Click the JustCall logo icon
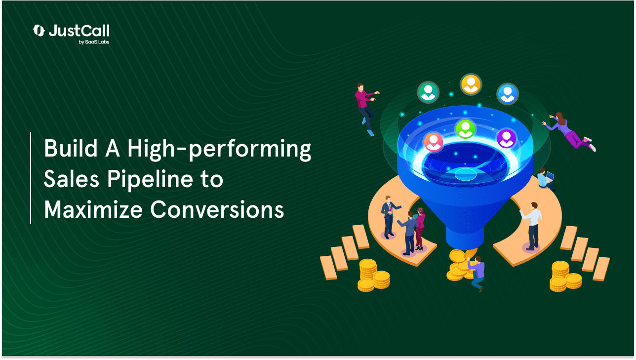39,31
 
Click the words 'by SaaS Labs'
94,42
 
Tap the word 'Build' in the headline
71,149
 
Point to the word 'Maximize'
93,209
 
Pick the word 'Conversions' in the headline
217,209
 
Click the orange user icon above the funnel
471,84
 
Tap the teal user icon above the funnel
428,92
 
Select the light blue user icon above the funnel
508,94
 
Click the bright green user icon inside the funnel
465,129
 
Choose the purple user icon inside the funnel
506,138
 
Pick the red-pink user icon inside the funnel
433,142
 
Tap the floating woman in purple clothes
569,131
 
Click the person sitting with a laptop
546,179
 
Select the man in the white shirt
531,226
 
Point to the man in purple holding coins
477,273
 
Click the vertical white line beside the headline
31,178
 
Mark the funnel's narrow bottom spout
465,237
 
